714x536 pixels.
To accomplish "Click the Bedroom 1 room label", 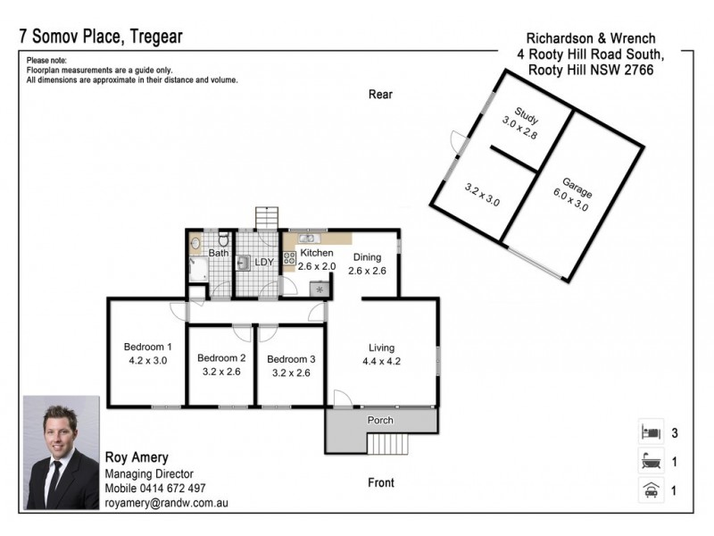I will (x=147, y=347).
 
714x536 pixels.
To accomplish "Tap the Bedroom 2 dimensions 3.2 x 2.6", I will (x=221, y=373).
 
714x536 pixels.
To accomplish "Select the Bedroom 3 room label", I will (x=292, y=359).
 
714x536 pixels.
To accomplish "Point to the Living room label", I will (x=382, y=348).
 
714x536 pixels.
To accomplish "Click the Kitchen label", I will (x=316, y=253).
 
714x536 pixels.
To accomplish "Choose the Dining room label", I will (x=367, y=257).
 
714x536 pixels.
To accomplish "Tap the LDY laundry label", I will (x=264, y=263).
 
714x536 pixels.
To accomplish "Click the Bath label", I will (x=218, y=253).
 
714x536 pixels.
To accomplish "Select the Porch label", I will (x=381, y=420).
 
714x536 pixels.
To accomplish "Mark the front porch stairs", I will (x=387, y=444).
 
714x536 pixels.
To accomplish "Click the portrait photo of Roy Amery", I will (x=61, y=453).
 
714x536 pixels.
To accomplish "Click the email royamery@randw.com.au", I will (x=166, y=504).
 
